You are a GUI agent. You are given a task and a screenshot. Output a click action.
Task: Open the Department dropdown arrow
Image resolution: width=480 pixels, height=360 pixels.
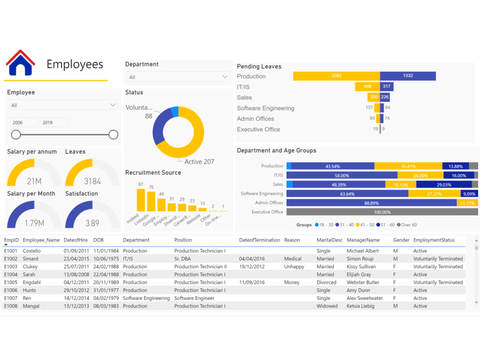(225, 77)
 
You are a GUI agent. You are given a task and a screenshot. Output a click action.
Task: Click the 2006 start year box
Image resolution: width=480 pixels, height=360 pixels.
(24, 122)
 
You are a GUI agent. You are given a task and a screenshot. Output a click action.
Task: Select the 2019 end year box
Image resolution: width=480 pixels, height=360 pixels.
(53, 122)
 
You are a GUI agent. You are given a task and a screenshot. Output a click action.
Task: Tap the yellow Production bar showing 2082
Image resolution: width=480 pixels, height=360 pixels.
(336, 76)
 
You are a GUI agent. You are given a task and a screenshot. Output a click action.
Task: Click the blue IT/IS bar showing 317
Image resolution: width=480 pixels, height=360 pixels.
(387, 86)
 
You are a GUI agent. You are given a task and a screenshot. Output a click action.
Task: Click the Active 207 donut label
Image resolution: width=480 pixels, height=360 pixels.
(199, 162)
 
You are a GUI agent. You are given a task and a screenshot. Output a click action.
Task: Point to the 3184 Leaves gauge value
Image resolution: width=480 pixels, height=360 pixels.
(92, 181)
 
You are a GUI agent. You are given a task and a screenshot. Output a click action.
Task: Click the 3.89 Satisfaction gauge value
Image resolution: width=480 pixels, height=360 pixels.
(92, 223)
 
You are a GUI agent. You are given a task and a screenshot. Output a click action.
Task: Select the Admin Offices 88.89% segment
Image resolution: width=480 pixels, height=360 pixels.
(371, 203)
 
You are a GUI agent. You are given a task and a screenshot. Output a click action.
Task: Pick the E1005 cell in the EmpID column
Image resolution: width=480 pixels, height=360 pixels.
(11, 282)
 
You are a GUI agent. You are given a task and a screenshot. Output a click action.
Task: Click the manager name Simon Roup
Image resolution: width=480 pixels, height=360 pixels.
(360, 259)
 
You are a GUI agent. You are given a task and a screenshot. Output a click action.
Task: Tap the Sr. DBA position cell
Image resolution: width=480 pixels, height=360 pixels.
(183, 259)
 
